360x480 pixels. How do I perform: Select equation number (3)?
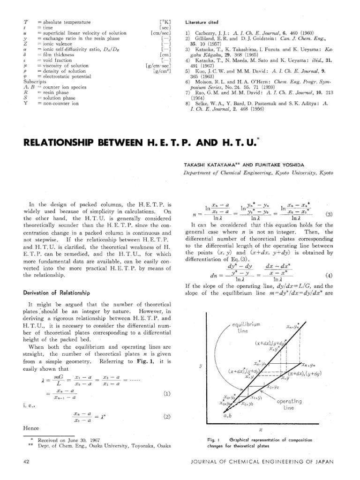click(x=328, y=214)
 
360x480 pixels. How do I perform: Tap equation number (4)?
click(x=328, y=275)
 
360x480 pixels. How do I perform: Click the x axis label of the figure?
click(x=260, y=429)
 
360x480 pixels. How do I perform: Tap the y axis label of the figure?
click(x=200, y=367)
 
